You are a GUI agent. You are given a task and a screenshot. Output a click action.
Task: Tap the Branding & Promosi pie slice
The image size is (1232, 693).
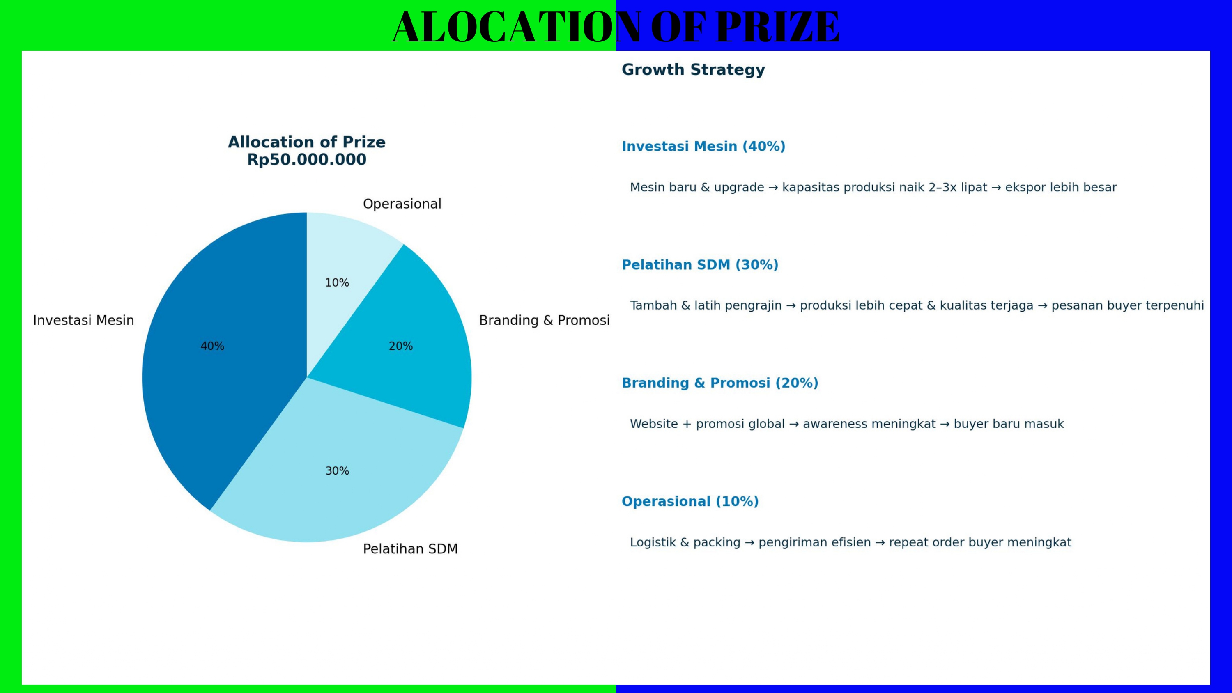pos(407,344)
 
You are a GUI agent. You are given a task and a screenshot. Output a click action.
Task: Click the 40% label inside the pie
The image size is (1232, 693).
pos(212,346)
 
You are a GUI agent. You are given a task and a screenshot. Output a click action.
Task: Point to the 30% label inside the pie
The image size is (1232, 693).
pos(337,471)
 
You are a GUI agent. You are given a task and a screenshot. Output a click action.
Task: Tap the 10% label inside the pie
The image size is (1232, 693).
pos(337,282)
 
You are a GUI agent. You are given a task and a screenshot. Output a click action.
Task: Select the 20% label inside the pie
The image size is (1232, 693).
pos(401,346)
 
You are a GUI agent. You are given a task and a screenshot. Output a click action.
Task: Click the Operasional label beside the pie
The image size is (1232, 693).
pos(402,204)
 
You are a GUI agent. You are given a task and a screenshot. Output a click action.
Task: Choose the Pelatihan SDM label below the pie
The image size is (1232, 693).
pos(410,549)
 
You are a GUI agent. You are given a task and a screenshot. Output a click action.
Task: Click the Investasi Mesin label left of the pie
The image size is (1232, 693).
pos(84,321)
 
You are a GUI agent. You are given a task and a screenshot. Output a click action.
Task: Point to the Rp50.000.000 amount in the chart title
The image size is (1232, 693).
pos(307,160)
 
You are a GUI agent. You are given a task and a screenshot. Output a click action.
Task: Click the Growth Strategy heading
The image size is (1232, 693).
pos(694,70)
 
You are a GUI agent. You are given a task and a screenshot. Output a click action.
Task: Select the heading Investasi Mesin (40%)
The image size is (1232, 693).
pos(703,146)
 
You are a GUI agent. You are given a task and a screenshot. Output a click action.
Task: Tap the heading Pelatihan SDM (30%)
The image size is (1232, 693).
pos(700,265)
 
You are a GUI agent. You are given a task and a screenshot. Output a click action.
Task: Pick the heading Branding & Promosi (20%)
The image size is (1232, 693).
pos(720,383)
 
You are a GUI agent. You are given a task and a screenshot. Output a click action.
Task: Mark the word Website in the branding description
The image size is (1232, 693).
pos(654,424)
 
